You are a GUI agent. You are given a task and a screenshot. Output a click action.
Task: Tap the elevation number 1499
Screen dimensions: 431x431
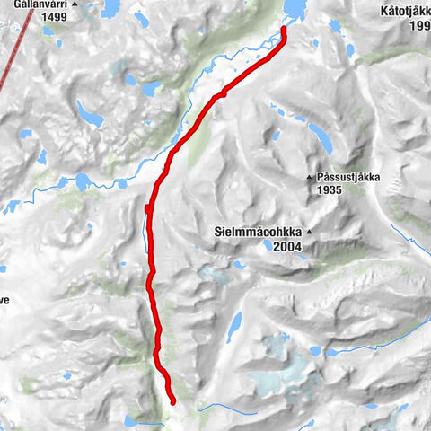point(55,17)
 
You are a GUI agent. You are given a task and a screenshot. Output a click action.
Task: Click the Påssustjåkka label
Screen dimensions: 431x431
point(349,178)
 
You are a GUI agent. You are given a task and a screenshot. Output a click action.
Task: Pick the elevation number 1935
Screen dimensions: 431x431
point(330,190)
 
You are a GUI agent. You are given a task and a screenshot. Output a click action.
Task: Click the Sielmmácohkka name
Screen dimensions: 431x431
point(258,232)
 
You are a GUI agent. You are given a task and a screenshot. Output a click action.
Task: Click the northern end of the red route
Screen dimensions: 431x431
point(284,30)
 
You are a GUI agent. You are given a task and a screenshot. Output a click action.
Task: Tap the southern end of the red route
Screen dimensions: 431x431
point(172,401)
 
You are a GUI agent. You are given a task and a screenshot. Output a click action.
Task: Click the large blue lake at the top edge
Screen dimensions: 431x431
point(294,9)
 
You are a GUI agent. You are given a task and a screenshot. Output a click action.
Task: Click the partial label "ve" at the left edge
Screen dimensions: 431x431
point(4,302)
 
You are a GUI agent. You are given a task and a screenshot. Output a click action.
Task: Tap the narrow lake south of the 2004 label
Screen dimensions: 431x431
point(234,327)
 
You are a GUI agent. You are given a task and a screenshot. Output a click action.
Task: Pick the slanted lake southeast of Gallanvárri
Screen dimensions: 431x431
point(90,114)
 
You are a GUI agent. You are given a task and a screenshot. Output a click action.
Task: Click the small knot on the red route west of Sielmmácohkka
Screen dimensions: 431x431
point(148,209)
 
